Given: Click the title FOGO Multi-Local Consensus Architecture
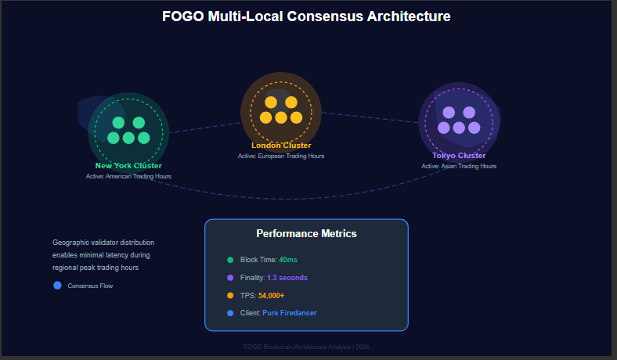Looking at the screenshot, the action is (x=306, y=16).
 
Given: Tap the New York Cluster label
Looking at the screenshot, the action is (x=128, y=166).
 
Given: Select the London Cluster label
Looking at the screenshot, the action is (x=281, y=146).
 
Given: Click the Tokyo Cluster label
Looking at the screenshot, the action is (x=459, y=156).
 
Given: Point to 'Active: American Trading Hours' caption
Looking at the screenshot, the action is (x=128, y=176).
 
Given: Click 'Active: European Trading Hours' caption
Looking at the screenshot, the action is (x=281, y=156).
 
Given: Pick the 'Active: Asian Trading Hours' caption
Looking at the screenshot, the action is (x=459, y=166).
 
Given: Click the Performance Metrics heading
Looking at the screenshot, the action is (x=306, y=233).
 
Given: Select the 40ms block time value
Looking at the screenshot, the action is (x=288, y=260).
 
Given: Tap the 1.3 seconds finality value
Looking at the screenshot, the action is (x=287, y=278).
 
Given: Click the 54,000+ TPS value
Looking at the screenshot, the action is (x=271, y=296).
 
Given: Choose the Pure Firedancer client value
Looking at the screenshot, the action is (x=290, y=313).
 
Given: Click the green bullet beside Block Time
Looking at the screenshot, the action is (x=230, y=260).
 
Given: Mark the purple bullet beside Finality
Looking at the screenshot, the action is (x=230, y=278).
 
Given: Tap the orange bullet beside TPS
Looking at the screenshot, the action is (x=230, y=296).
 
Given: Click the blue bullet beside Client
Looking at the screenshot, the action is (x=230, y=313).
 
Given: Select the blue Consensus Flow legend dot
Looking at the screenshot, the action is (x=57, y=285).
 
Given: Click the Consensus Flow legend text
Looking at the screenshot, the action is (x=90, y=286).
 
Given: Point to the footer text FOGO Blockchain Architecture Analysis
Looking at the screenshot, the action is (x=306, y=347).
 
